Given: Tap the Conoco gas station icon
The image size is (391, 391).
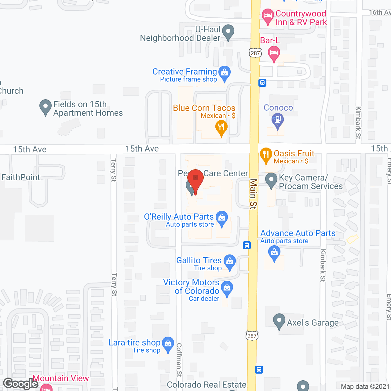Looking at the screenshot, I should (x=277, y=120).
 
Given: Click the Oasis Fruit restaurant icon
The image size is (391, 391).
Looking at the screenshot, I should (x=266, y=155).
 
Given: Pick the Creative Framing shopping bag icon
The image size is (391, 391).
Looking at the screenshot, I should (x=225, y=73).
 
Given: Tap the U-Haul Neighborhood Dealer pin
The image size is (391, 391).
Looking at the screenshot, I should (x=228, y=32).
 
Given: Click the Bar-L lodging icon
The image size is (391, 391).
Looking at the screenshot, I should (x=274, y=53).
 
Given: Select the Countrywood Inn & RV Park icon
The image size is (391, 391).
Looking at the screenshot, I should (x=268, y=16).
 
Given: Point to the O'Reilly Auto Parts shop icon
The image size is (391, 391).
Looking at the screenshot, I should (x=222, y=218).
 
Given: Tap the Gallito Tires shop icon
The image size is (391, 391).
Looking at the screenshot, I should (x=230, y=262).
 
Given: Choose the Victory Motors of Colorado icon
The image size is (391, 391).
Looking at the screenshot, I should (x=227, y=288).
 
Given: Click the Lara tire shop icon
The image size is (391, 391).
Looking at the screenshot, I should (x=168, y=344).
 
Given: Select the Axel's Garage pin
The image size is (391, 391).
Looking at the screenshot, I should (x=279, y=321).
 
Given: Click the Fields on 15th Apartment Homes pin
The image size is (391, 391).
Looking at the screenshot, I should (x=46, y=107).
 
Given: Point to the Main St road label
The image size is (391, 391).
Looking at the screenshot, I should (x=253, y=194).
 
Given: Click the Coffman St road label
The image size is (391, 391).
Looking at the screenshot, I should (x=179, y=360).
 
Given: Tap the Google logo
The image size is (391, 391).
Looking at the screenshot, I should (x=21, y=384).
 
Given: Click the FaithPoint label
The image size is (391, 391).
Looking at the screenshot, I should (x=21, y=177).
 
